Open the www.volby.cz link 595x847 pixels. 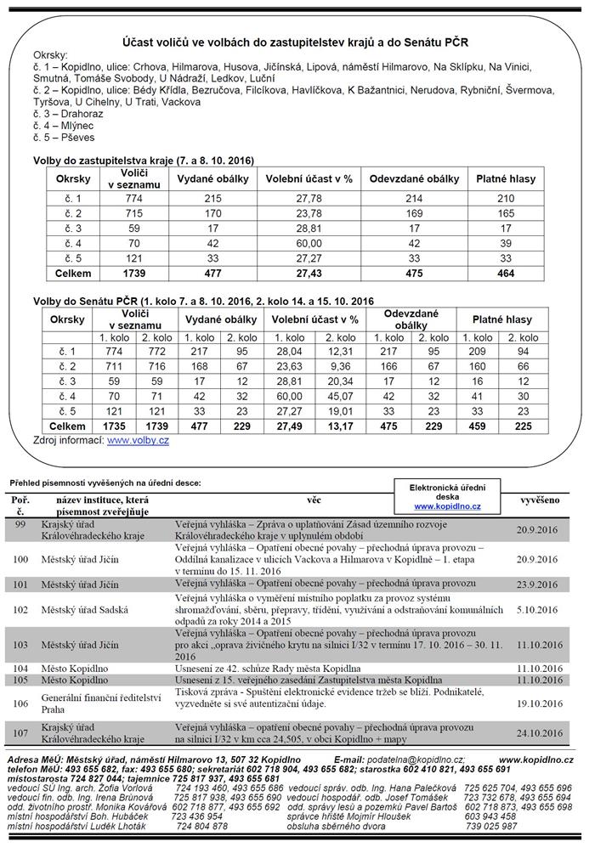pos(138,441)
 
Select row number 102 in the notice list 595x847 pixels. pos(21,608)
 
